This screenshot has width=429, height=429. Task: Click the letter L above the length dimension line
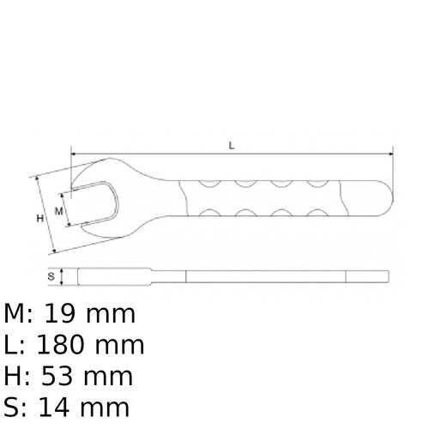coord(232,145)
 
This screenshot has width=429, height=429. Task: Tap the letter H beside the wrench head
coord(39,218)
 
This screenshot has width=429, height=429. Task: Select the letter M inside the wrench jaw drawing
coord(59,209)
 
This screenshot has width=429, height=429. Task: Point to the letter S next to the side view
coord(51,276)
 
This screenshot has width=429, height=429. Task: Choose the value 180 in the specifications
coord(69,346)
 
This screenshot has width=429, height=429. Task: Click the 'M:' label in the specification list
coord(19,315)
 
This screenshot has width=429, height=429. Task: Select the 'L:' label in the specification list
coord(15,346)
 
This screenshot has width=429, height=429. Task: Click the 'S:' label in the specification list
coord(16,408)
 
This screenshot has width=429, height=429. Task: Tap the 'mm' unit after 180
coord(121,346)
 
